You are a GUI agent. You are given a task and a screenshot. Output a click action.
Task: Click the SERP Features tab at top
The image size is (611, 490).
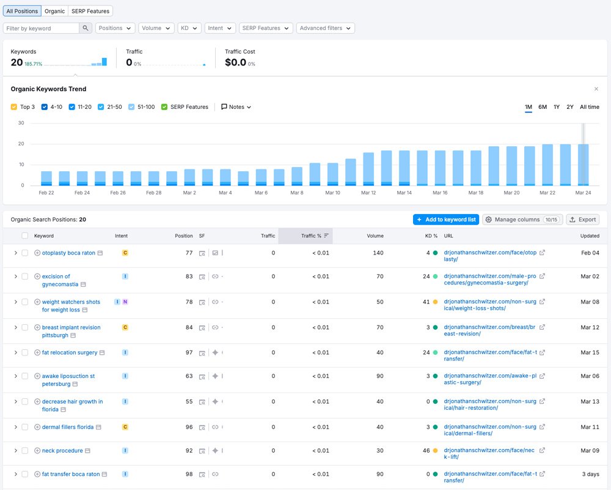point(91,11)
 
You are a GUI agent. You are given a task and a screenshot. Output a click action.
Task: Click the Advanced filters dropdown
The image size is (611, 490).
point(325,28)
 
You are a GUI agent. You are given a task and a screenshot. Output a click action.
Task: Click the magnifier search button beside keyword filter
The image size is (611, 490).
point(86,28)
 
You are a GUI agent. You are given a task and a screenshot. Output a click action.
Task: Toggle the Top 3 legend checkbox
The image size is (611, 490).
point(14,107)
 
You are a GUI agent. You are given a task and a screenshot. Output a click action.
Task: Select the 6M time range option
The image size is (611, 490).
point(543,107)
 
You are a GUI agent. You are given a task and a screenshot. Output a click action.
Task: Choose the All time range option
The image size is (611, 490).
point(589,107)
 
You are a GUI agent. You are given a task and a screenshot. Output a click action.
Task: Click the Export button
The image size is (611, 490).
point(582,220)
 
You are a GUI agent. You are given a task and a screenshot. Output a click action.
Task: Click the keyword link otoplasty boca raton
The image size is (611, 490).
point(68,253)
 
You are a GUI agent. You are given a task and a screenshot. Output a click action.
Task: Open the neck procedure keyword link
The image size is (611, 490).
point(62,451)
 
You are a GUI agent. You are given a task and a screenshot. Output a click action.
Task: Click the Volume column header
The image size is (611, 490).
point(375,236)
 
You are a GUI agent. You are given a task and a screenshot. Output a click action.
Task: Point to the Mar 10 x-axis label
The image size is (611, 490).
point(332,193)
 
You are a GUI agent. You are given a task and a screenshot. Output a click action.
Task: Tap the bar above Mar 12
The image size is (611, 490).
point(368,169)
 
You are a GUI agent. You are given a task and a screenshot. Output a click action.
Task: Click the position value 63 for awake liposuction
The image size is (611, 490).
point(189,376)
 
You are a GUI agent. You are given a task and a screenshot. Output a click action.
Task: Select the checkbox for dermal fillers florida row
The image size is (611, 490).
point(25,427)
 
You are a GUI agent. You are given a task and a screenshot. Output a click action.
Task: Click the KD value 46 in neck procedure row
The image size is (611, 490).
point(426,451)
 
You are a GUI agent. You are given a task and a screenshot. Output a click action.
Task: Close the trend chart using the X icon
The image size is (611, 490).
point(596,89)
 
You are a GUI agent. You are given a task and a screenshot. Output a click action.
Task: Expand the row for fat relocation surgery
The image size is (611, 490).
point(15,352)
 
